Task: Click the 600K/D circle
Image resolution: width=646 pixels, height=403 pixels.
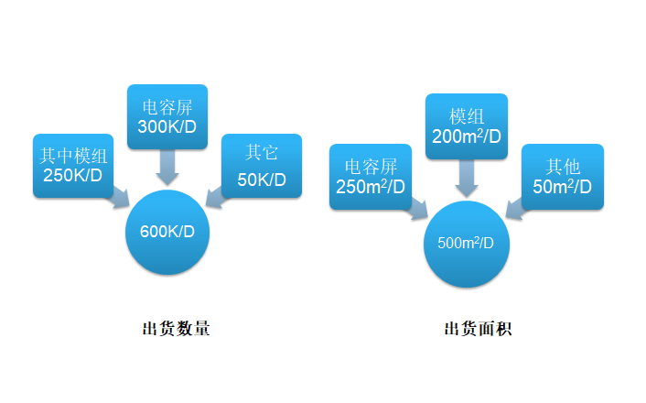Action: point(167,231)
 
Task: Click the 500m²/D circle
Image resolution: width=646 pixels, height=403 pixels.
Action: point(467,244)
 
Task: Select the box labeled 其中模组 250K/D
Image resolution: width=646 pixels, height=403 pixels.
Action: point(72,165)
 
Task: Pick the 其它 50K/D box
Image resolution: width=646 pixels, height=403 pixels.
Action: point(261,165)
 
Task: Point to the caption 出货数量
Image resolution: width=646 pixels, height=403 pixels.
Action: point(177,329)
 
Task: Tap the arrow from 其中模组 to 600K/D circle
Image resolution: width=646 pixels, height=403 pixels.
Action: point(121,198)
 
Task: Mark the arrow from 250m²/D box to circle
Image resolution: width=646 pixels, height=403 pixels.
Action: point(416,210)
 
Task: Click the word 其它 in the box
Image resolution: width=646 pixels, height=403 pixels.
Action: point(261,153)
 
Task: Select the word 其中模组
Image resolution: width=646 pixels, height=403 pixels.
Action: point(72,153)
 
